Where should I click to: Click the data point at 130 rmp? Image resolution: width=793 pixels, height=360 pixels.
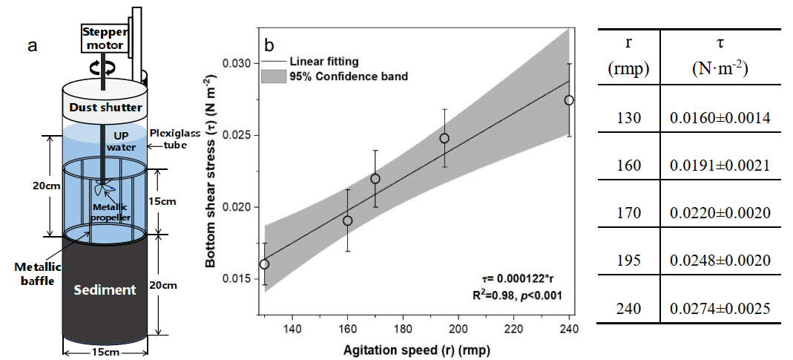[x=265, y=264]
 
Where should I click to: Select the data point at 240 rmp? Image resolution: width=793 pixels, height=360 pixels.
[x=569, y=100]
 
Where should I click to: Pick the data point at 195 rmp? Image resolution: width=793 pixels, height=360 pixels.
[x=444, y=138]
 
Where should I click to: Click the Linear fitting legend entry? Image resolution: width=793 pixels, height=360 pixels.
[x=312, y=61]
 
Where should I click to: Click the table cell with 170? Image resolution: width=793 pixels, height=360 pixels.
[x=628, y=214]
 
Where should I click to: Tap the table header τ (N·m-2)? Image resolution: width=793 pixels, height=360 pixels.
[x=719, y=56]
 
